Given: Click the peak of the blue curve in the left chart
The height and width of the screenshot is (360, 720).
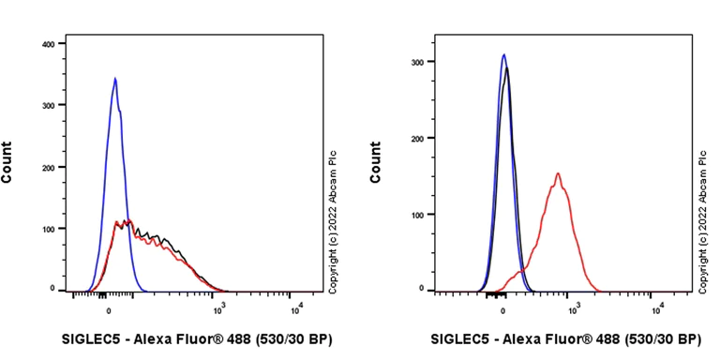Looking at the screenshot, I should coord(115,79).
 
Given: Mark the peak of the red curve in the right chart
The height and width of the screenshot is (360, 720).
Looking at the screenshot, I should coord(558,173).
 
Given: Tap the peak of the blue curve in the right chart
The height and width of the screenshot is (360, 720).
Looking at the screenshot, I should coord(503,54).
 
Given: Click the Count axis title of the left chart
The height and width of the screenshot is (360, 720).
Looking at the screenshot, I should coord(7,161).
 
